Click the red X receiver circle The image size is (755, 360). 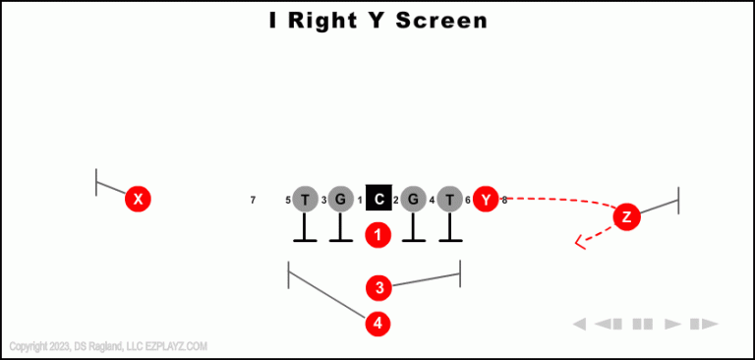139,200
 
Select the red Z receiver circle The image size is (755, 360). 627,216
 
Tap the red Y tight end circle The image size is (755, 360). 486,200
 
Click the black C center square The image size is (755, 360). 378,200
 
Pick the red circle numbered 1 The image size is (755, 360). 378,235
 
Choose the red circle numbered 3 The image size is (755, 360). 379,288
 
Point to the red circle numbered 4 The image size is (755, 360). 378,323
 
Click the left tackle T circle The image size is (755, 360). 305,200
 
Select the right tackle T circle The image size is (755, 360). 449,200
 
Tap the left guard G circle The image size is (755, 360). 340,200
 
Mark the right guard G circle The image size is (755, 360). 413,200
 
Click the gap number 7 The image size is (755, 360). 253,201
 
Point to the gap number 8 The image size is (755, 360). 504,201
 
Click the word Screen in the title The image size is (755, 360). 441,20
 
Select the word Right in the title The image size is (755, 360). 335,20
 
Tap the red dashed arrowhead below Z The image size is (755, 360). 580,240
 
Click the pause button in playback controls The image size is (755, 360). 643,324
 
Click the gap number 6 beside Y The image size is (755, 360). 468,201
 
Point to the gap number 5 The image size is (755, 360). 288,201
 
